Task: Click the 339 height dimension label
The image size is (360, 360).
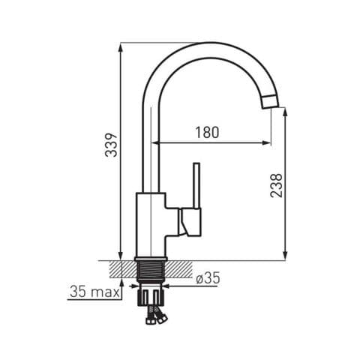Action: (x=111, y=145)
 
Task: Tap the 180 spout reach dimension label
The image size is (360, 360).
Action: (x=207, y=133)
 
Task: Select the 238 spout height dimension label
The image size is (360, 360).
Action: (x=276, y=186)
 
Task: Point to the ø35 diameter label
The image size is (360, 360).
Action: (x=208, y=278)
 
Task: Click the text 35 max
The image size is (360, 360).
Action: (x=94, y=292)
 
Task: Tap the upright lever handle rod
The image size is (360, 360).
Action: (x=196, y=185)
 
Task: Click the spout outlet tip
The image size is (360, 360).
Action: (x=270, y=102)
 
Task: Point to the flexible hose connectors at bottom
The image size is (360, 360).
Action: (x=156, y=316)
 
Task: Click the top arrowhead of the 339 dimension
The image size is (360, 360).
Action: (x=121, y=47)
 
